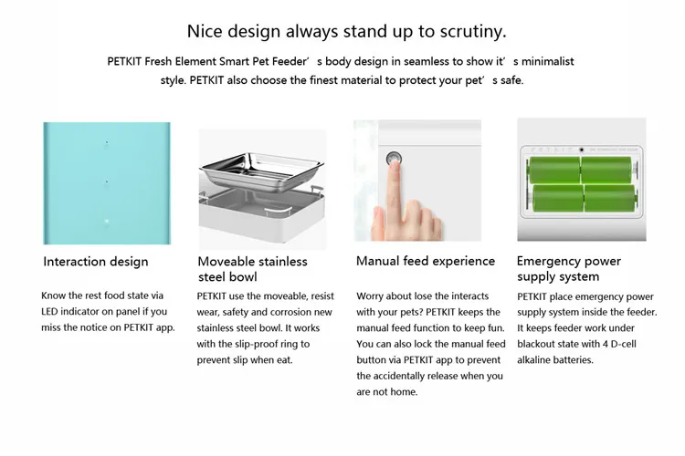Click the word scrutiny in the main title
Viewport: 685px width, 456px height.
(473, 32)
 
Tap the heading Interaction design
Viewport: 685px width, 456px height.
(96, 262)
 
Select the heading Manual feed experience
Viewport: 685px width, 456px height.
(426, 261)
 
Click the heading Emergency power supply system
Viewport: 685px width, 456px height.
(569, 269)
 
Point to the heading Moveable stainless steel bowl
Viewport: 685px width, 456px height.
(252, 269)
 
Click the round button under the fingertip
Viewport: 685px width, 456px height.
(394, 159)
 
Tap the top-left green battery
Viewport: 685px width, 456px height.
(554, 170)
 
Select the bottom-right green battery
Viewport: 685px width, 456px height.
(610, 198)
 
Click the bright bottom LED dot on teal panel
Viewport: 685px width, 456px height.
(107, 222)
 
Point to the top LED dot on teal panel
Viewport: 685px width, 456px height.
(107, 142)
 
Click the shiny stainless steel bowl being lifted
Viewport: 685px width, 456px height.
(262, 171)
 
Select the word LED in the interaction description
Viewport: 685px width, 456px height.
(49, 312)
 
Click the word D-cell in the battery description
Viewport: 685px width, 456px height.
(624, 344)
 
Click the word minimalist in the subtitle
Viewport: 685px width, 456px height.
(547, 61)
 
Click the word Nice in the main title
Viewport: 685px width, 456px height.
(205, 32)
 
